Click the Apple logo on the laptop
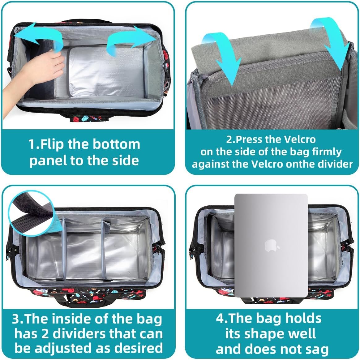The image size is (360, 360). click(272, 246)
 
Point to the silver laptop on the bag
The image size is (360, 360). click(271, 246)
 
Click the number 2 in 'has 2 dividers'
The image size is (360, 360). click(45, 334)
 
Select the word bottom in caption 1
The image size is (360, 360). click(116, 144)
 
